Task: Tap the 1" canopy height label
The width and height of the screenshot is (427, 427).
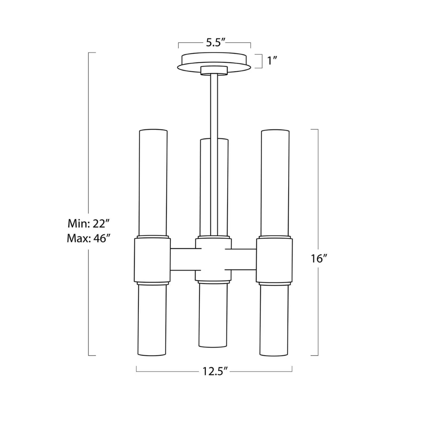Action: (272, 61)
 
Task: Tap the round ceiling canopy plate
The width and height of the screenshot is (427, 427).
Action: (215, 60)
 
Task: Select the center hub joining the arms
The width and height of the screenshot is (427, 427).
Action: (213, 260)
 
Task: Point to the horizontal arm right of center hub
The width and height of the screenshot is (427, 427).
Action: (243, 260)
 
